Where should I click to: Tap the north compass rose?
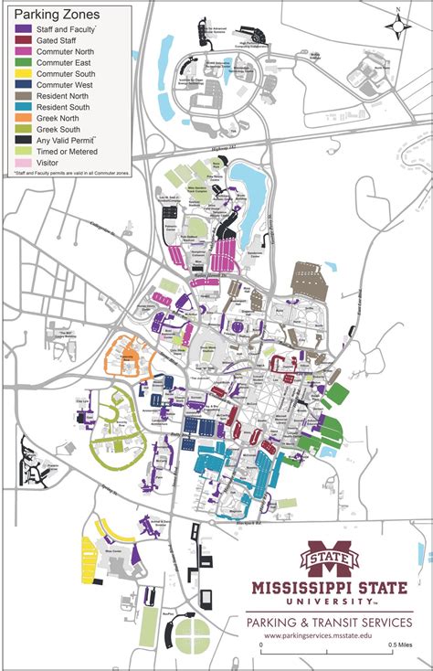[398, 26]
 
